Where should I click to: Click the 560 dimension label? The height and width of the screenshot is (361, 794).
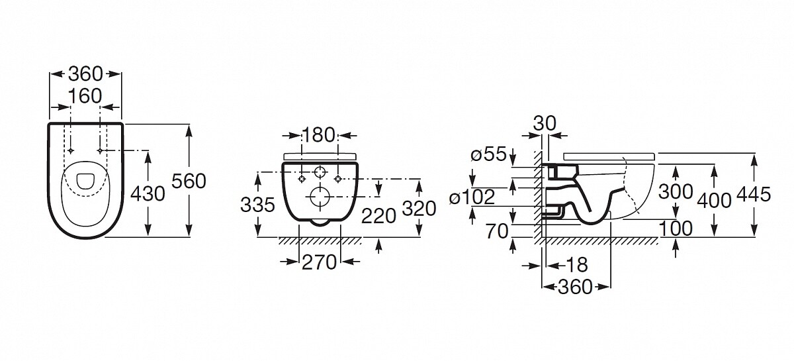[x=189, y=181]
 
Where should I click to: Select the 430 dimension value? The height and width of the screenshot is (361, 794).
[x=148, y=194]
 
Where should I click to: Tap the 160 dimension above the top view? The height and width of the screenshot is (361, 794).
[x=85, y=96]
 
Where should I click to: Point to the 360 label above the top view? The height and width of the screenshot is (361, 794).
[x=85, y=74]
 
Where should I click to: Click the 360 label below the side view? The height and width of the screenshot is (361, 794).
[x=575, y=287]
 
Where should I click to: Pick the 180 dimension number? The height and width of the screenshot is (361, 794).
[x=318, y=135]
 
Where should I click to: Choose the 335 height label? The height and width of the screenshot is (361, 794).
[x=257, y=205]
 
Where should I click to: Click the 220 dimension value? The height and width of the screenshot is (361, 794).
[x=378, y=216]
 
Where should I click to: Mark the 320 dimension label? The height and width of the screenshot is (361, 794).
[x=419, y=209]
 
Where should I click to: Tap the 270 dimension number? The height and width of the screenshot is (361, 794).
[x=319, y=263]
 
